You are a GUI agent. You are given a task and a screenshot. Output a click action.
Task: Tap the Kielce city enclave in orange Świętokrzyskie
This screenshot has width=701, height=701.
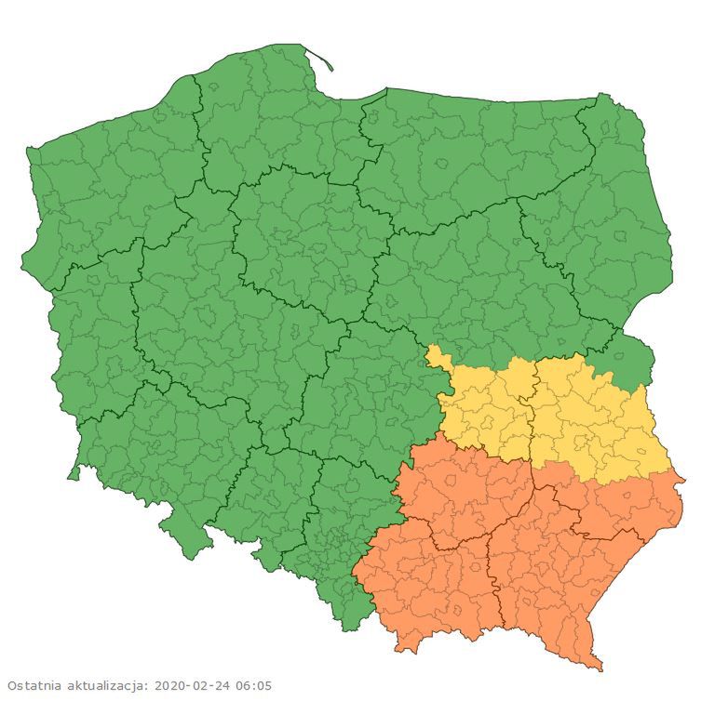(x=452, y=483)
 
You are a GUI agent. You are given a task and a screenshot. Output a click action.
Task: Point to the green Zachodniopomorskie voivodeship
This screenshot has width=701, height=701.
(x=102, y=186)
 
